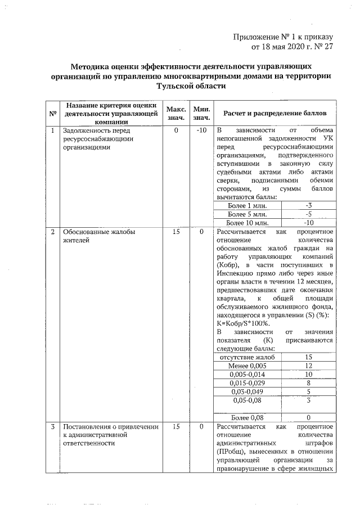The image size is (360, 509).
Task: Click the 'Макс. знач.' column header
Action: click(175, 112)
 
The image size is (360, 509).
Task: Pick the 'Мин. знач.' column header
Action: click(201, 112)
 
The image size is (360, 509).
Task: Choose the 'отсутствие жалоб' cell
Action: click(247, 357)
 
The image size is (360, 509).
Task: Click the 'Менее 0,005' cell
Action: click(247, 366)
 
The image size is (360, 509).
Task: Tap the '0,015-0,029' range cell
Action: click(247, 383)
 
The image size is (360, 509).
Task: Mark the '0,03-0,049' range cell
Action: click(247, 391)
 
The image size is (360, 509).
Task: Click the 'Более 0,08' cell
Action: click(247, 417)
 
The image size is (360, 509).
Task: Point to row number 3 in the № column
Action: click(53, 427)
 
